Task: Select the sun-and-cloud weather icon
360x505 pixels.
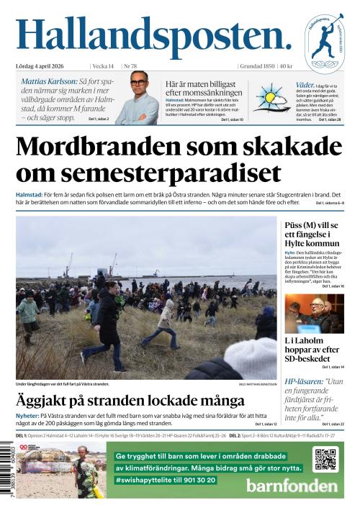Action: pyautogui.click(x=269, y=98)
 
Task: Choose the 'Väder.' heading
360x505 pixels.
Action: pyautogui.click(x=305, y=84)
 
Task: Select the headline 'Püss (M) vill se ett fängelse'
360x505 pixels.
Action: pyautogui.click(x=311, y=235)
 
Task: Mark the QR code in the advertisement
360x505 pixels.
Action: pyautogui.click(x=325, y=459)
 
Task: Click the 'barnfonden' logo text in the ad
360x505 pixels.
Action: pyautogui.click(x=291, y=485)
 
